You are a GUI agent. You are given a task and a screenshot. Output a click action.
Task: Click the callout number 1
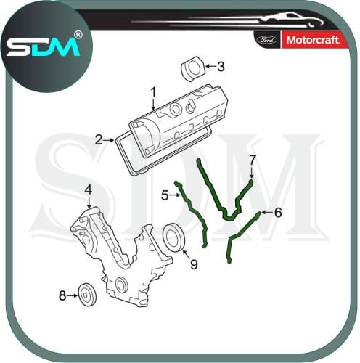153,94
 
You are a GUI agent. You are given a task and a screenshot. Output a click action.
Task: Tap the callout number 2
99,140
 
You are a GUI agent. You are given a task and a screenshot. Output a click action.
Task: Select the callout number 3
221,66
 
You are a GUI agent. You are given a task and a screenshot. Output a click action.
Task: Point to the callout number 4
89,190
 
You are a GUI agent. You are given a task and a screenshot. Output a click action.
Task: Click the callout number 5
165,195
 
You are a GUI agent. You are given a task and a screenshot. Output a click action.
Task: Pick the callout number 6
278,213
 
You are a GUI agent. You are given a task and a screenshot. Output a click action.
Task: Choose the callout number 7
253,160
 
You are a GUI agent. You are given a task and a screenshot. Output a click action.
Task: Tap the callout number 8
62,295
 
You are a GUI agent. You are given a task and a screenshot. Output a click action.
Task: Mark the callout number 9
194,264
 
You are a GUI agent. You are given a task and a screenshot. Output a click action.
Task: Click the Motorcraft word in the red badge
313,40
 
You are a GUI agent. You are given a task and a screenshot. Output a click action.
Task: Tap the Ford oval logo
267,40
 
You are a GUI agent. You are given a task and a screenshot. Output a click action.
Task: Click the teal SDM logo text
43,47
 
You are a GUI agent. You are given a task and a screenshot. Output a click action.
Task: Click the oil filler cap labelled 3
193,68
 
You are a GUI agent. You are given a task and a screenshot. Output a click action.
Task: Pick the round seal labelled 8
88,295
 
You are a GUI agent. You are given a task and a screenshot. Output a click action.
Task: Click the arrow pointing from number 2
109,140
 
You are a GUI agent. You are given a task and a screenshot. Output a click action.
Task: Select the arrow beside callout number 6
267,212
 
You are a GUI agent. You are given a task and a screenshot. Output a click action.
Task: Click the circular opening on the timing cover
122,285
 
